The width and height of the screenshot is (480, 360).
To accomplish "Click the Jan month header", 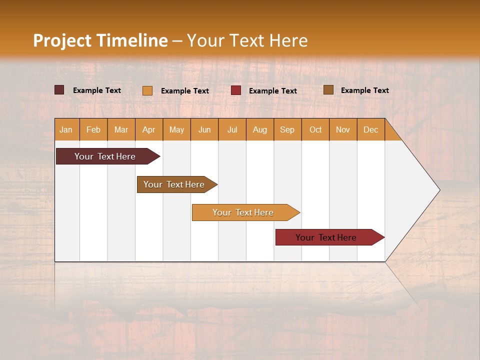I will (x=66, y=129).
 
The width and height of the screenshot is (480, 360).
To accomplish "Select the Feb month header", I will (x=93, y=129).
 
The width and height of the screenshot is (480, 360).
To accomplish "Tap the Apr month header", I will (x=149, y=129).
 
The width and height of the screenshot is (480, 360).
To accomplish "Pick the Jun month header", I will (x=204, y=129).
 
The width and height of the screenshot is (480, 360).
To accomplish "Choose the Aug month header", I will (x=260, y=129).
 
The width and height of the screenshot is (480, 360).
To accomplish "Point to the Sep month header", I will (x=287, y=129).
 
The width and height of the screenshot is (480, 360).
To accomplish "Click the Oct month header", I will (x=315, y=129).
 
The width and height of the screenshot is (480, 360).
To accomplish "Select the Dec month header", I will (x=371, y=129).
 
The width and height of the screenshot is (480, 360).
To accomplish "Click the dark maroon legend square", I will (x=59, y=90).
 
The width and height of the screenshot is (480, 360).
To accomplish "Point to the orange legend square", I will (x=147, y=90).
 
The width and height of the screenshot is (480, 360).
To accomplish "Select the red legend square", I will (x=236, y=90).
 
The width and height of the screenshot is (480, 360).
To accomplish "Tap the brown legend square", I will (x=328, y=90).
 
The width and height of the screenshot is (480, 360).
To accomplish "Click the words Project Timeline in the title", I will (x=100, y=40).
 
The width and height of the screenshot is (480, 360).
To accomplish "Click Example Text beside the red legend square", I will (x=273, y=90).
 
